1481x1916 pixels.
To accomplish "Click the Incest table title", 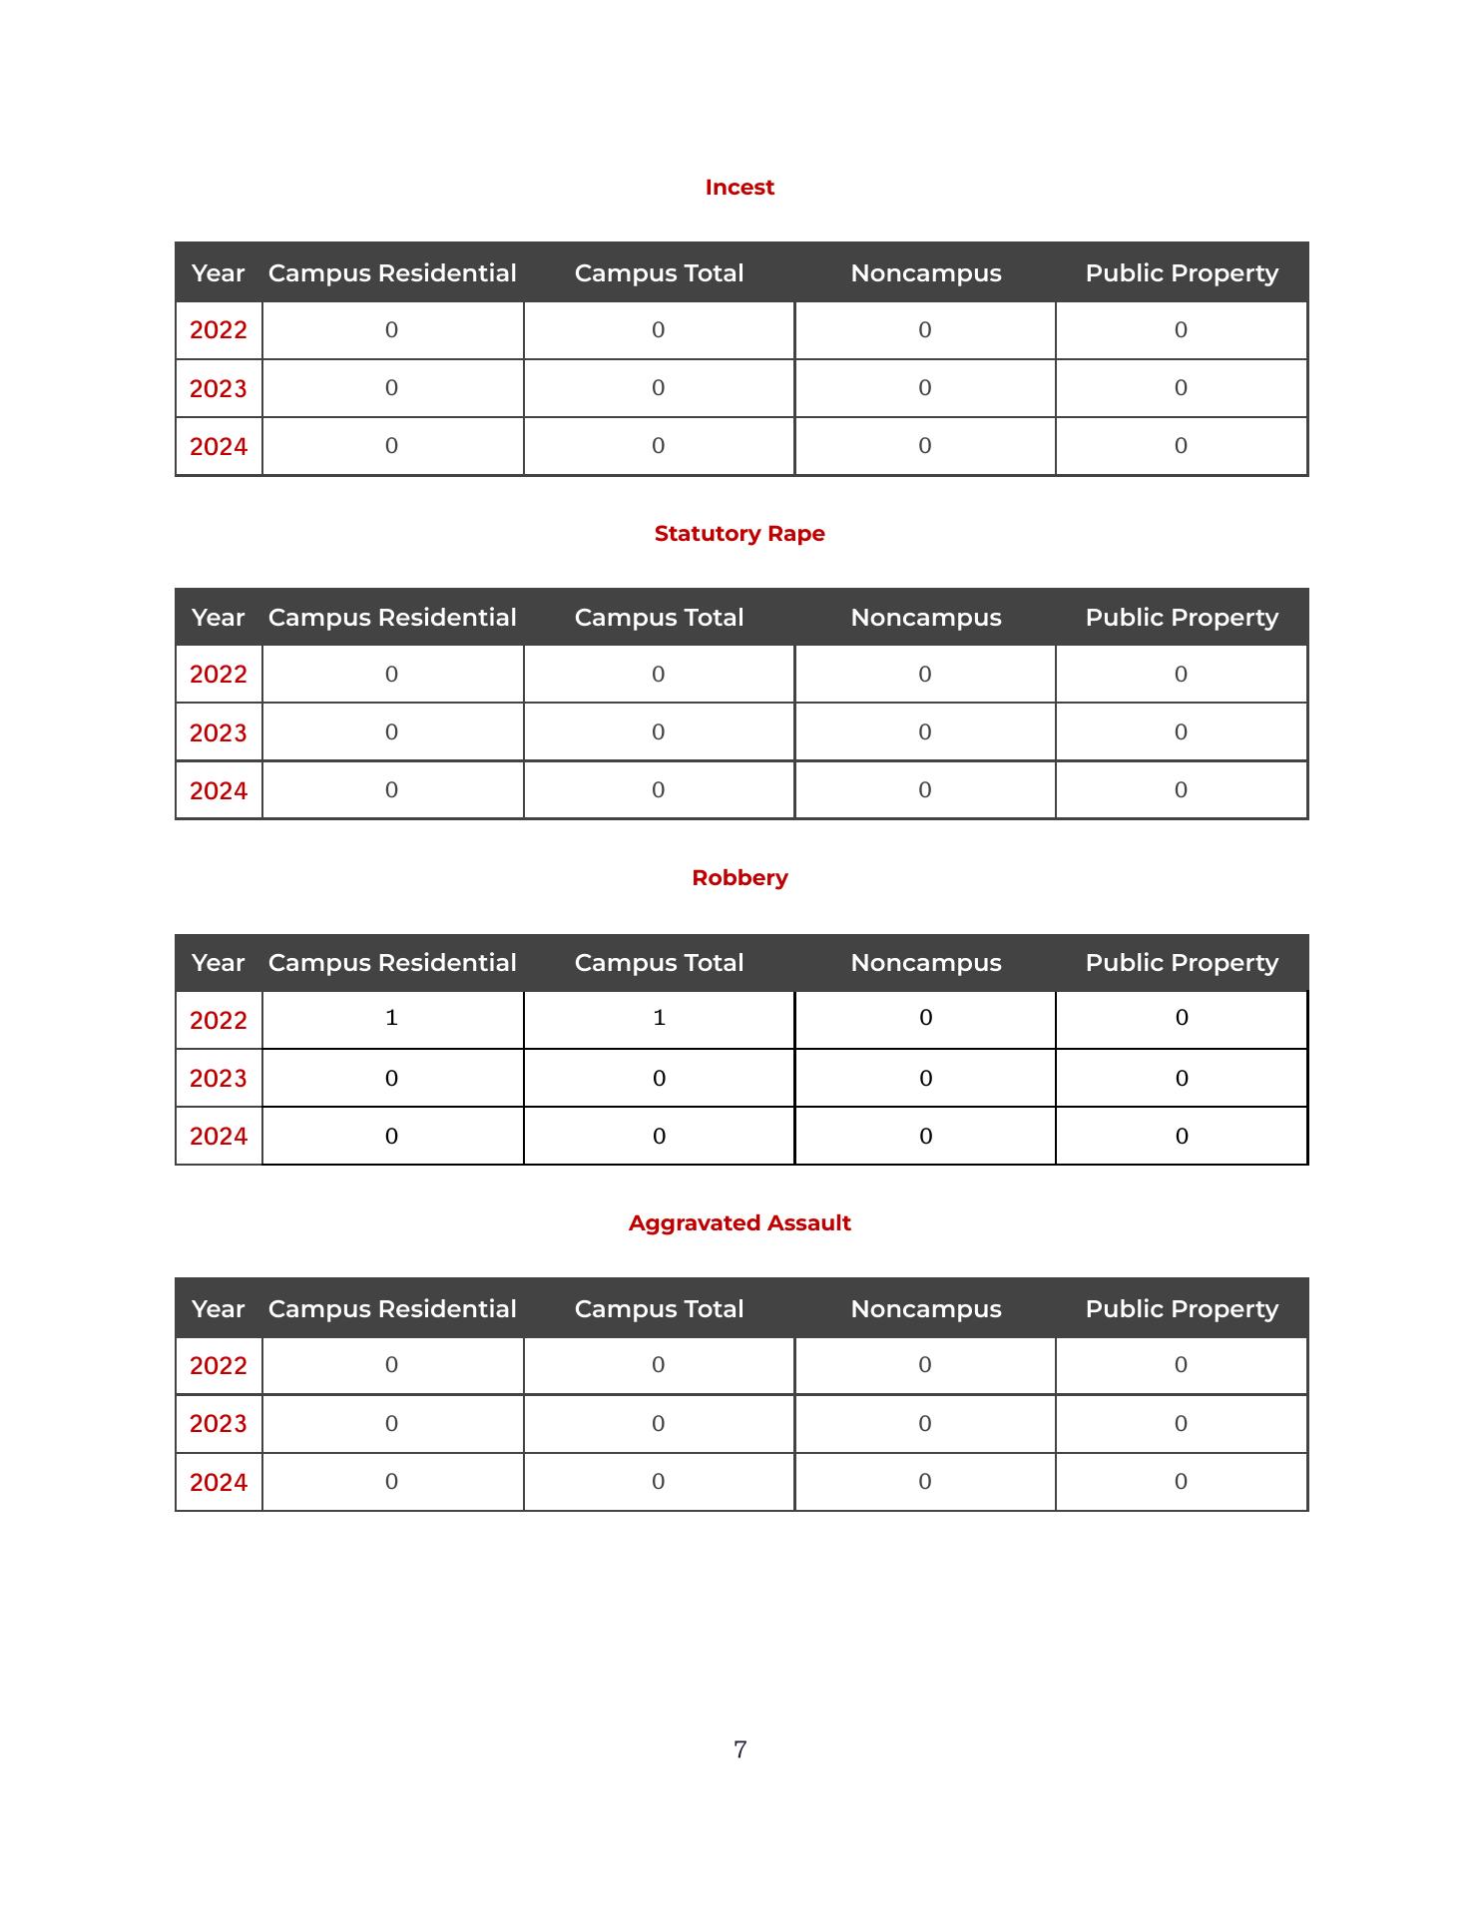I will click(x=740, y=188).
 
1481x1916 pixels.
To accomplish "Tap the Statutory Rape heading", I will click(x=740, y=534).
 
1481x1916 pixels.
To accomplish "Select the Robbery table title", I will click(x=740, y=878).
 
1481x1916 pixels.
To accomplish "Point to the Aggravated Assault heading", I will click(x=740, y=1223).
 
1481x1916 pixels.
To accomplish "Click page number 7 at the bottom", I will click(x=740, y=1749).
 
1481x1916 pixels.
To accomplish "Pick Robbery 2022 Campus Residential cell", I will click(x=392, y=1018).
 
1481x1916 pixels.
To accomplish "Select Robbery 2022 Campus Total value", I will click(x=659, y=1018).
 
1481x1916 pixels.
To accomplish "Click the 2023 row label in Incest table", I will click(x=219, y=388).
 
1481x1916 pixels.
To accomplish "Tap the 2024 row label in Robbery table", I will click(x=219, y=1137).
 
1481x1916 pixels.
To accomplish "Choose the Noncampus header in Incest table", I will click(x=926, y=273).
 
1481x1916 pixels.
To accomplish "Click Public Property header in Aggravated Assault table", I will click(x=1182, y=1309).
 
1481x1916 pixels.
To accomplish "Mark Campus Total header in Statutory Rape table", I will click(x=659, y=618).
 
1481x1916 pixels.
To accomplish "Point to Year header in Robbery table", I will click(x=218, y=963).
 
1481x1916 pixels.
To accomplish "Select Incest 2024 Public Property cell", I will click(x=1181, y=446).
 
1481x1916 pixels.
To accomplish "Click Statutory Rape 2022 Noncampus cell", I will click(x=925, y=675).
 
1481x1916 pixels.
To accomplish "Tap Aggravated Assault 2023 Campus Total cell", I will click(x=659, y=1424).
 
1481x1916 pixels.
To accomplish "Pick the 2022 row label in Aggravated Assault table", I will click(x=219, y=1366).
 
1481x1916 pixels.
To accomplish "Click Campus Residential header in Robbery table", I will click(x=392, y=963).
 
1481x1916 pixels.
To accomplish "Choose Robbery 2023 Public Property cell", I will click(x=1182, y=1079).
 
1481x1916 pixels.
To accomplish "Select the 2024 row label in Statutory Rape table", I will click(x=219, y=791).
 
